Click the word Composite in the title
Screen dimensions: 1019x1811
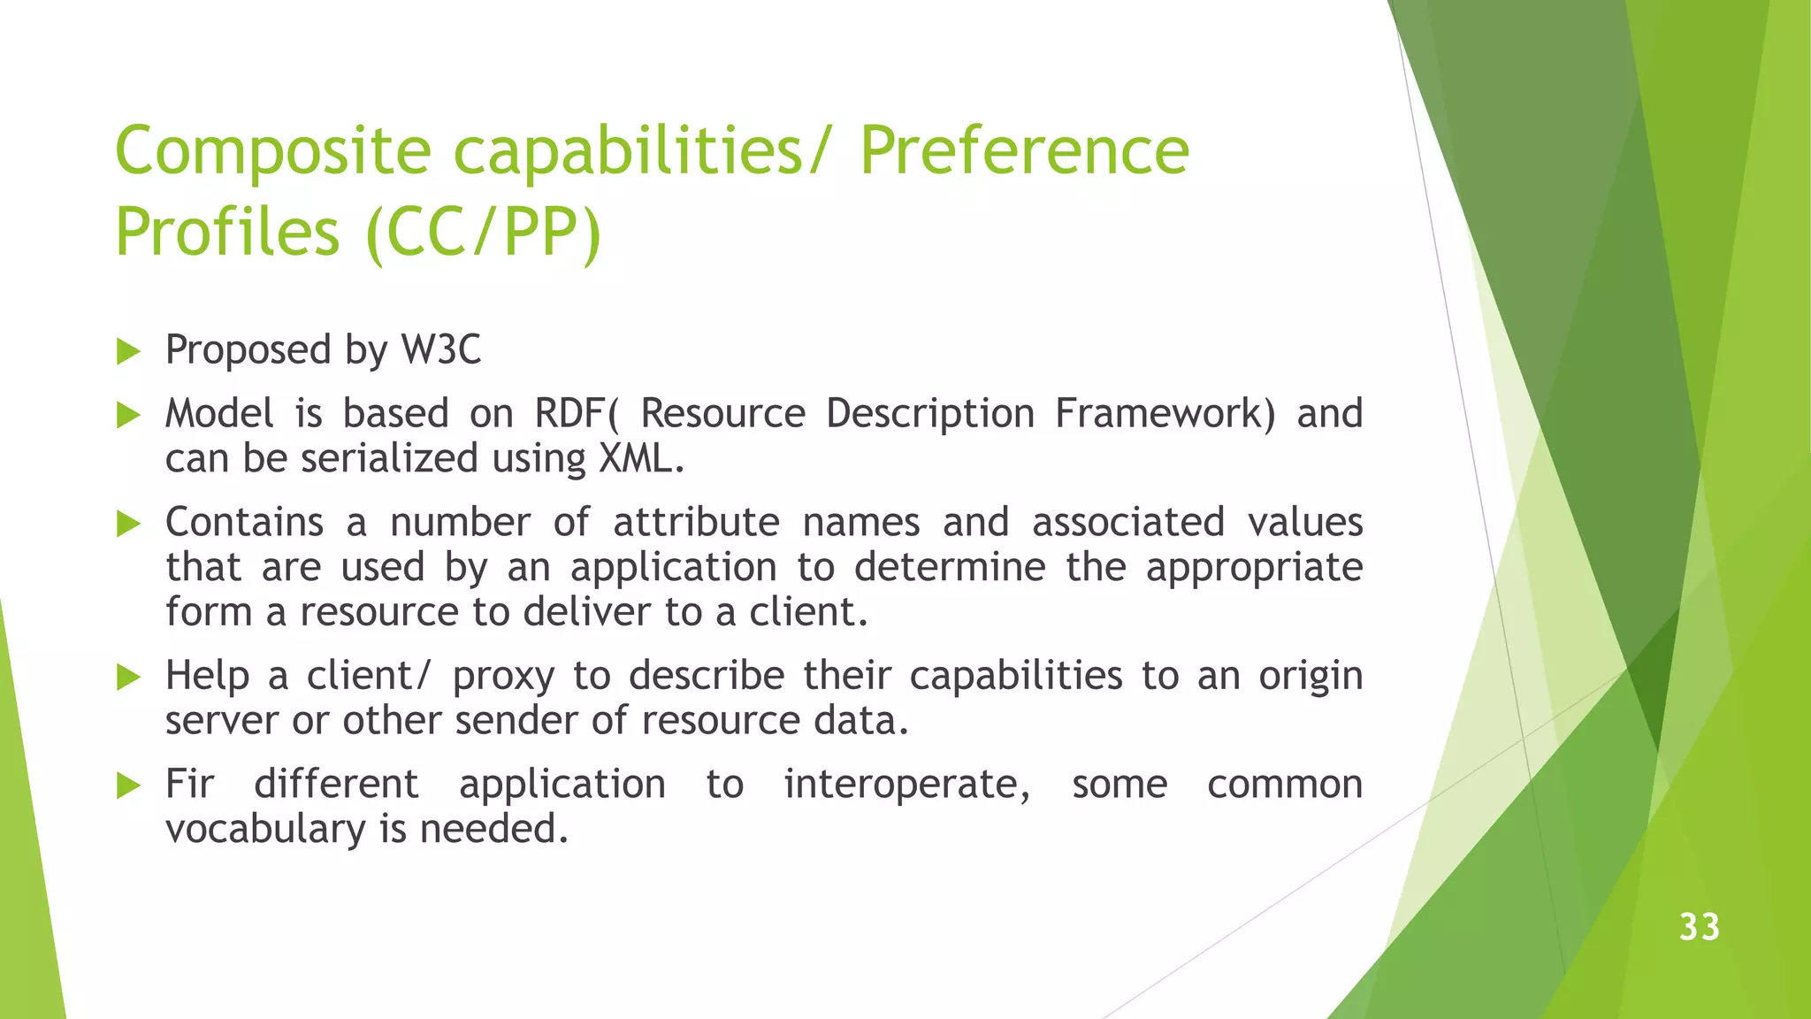click(x=272, y=152)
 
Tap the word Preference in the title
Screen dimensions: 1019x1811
click(x=1024, y=150)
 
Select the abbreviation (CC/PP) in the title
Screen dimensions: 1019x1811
click(x=483, y=232)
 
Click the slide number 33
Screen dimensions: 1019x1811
click(x=1699, y=927)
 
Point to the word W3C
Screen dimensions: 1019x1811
click(x=441, y=349)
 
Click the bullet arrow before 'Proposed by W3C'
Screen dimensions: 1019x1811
click(x=129, y=351)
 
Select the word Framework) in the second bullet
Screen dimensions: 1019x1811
click(x=1165, y=413)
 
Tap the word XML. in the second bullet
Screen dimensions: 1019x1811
click(x=641, y=458)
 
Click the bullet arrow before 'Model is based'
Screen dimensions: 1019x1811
click(x=129, y=415)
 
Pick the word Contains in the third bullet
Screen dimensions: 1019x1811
click(x=244, y=522)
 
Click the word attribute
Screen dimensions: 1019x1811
click(x=696, y=522)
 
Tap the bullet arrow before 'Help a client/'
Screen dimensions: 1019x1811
click(x=129, y=678)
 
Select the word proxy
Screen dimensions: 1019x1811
click(x=503, y=677)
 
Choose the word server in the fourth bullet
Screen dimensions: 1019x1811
click(x=218, y=721)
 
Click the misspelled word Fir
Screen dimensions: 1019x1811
click(x=189, y=784)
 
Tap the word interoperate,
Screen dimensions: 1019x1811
click(x=906, y=785)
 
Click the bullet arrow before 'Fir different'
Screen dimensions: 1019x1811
click(x=129, y=785)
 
